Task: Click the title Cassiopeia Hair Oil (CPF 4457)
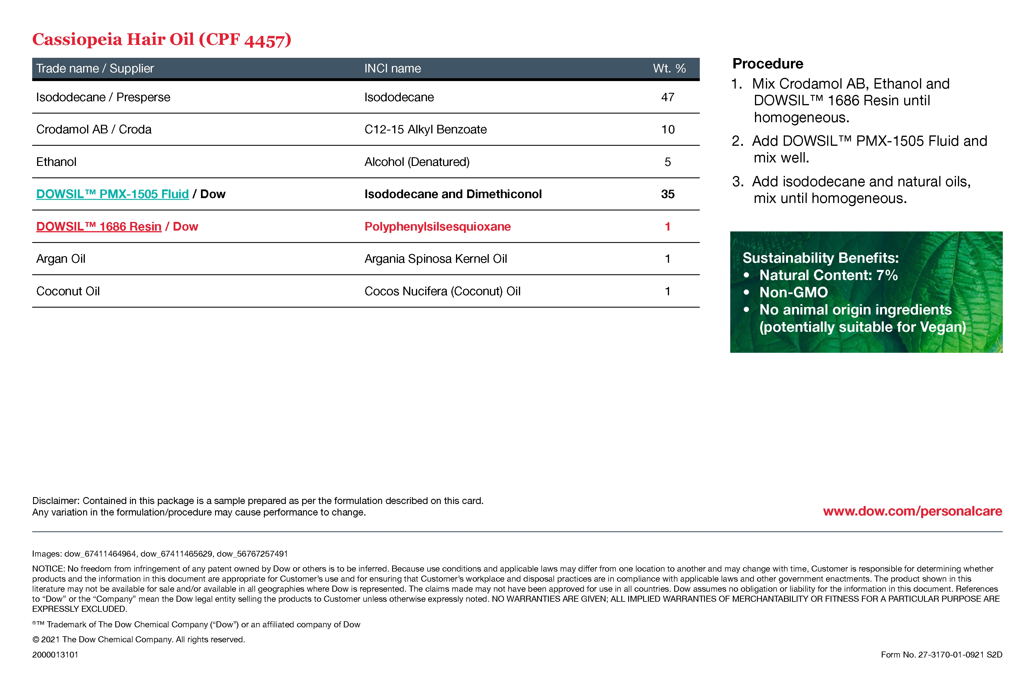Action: pyautogui.click(x=162, y=40)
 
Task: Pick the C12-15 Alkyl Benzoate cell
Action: pyautogui.click(x=425, y=129)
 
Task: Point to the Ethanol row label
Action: pyautogui.click(x=56, y=162)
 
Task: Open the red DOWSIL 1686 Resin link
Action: pyautogui.click(x=99, y=227)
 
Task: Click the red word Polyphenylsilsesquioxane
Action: pyautogui.click(x=437, y=227)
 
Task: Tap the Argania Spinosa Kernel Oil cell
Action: pyautogui.click(x=435, y=259)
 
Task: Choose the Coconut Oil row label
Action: pyautogui.click(x=68, y=291)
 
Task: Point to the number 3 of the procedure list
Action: pyautogui.click(x=737, y=182)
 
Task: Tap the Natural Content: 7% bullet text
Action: pyautogui.click(x=828, y=275)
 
